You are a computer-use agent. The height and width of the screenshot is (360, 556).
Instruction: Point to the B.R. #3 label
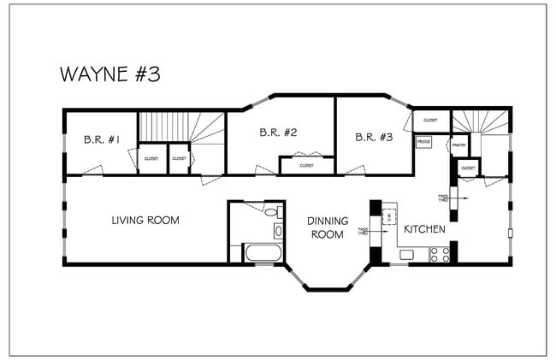374,137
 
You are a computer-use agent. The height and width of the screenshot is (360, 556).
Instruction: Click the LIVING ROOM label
145,221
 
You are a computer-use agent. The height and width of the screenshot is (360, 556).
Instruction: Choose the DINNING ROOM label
328,227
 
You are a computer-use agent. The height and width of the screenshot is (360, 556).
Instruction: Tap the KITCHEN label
425,229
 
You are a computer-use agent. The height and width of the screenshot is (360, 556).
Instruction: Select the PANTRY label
458,145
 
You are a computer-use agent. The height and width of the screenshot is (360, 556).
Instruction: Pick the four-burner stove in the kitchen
440,254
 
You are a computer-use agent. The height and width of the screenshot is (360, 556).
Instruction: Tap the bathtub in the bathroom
262,253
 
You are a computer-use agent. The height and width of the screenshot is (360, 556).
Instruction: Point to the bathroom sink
278,231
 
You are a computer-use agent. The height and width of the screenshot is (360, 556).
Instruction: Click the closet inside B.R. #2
306,165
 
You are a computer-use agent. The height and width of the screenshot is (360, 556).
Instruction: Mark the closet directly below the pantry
468,168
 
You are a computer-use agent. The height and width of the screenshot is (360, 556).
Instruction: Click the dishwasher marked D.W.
388,214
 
